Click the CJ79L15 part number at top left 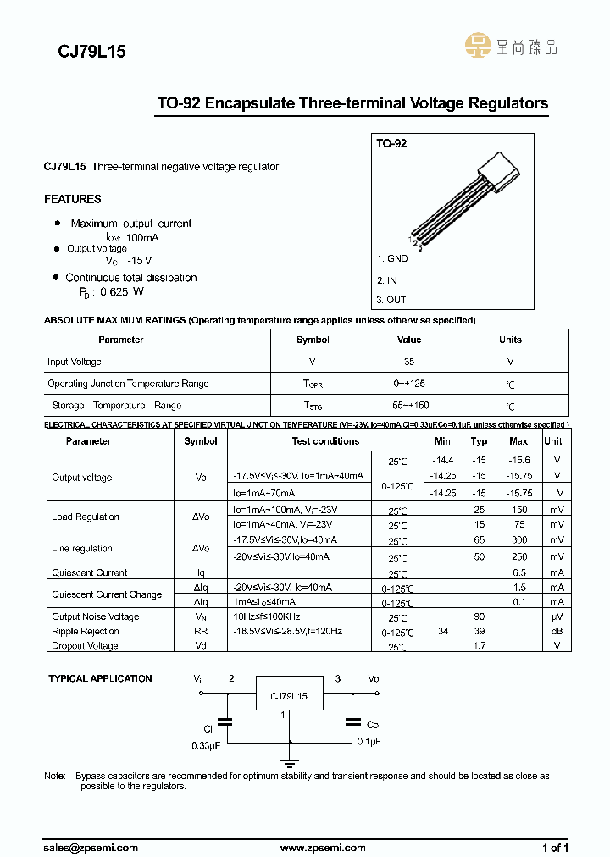coord(91,51)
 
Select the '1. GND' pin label coord(392,258)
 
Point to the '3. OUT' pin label coord(391,300)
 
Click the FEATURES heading coord(73,199)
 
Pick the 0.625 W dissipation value coord(121,291)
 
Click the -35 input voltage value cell coord(408,362)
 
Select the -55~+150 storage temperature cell coord(408,406)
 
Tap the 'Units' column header coord(510,340)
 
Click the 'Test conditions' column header coord(325,441)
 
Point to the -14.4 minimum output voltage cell coord(442,460)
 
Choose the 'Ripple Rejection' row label coord(86,631)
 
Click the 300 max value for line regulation coord(518,539)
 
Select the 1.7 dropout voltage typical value coord(479,645)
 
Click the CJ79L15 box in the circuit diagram coord(289,697)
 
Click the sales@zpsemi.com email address coord(91,847)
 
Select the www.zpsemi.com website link coord(323,847)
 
